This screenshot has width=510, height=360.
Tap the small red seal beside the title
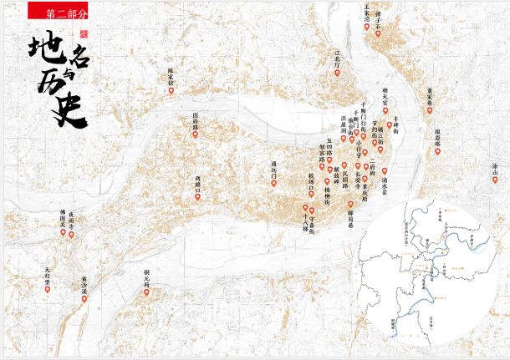click(83, 35)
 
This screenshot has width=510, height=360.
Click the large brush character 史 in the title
click(70, 109)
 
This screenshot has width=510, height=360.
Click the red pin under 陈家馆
click(171, 91)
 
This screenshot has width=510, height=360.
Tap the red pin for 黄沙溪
click(84, 297)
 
